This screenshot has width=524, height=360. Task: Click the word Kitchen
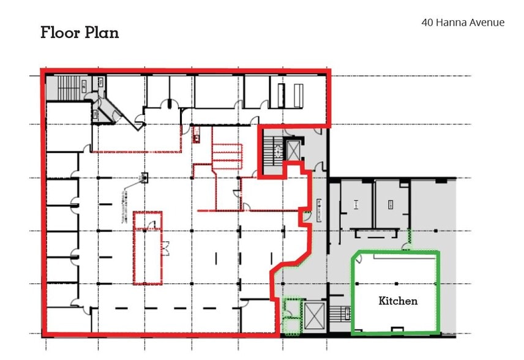[x=398, y=301]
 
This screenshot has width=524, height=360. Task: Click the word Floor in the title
[x=59, y=32]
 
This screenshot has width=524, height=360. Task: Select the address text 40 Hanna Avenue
[x=463, y=23]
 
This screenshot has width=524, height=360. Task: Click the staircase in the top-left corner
[x=59, y=87]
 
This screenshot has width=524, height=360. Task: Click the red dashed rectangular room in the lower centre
[x=148, y=248]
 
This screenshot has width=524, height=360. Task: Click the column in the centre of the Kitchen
[x=397, y=283]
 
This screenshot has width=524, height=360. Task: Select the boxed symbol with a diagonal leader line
[x=144, y=178]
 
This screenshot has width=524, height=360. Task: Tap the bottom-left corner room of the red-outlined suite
[x=61, y=320]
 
